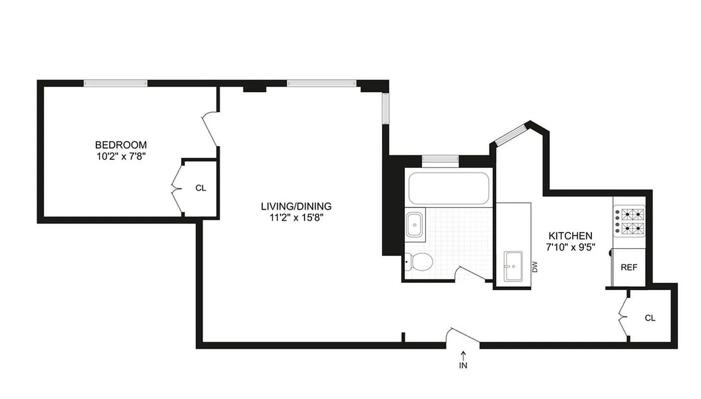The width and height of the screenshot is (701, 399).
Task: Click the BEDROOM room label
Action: tap(121, 145)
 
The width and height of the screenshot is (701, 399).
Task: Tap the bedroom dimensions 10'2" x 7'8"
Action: tap(121, 156)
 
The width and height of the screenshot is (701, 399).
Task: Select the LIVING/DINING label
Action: tap(296, 206)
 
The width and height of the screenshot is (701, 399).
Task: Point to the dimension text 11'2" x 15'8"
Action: tap(296, 217)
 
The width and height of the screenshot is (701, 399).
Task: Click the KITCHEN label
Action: tap(570, 236)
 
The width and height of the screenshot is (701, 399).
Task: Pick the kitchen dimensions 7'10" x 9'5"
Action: tap(570, 247)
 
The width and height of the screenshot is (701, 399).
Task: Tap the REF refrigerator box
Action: tap(629, 267)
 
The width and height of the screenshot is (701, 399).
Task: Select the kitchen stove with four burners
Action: tap(629, 222)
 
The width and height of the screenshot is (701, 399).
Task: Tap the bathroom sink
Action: tap(414, 224)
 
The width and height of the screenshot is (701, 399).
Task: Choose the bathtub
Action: tap(448, 188)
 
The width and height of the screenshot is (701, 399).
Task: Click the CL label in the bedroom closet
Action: tap(200, 188)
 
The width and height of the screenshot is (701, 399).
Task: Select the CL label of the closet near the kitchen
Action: tap(650, 318)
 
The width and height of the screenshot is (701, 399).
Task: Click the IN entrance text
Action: tap(464, 365)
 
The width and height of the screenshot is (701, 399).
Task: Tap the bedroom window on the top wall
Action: tap(116, 83)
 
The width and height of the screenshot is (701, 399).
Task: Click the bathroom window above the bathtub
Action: tap(440, 159)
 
